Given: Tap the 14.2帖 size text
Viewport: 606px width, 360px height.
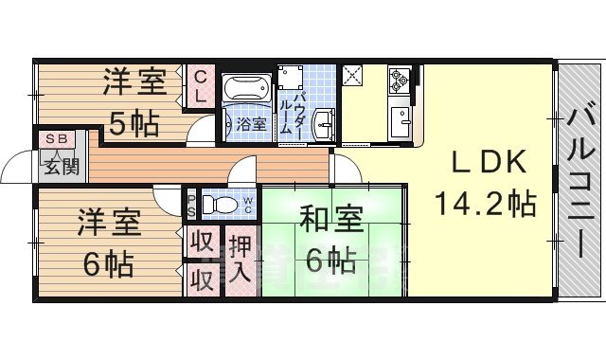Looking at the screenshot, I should [485, 204].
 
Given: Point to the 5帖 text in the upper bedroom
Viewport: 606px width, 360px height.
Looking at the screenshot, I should [133, 123].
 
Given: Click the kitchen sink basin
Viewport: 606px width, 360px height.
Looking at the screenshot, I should [400, 121].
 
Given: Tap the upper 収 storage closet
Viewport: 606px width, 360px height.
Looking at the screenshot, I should [200, 242].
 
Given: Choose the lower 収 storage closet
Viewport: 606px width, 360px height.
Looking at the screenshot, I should [200, 280].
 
